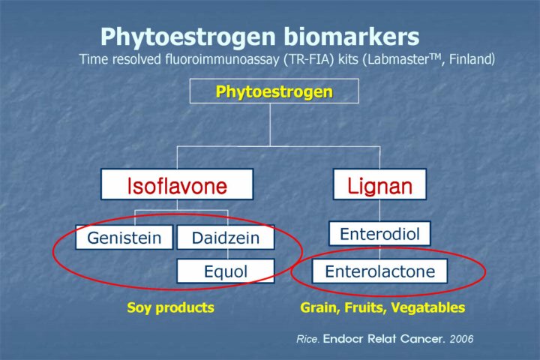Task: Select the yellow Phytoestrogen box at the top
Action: (274, 91)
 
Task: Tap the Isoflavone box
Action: (177, 184)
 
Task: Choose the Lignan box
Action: (379, 184)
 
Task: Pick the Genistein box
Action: (124, 237)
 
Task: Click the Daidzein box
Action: (226, 237)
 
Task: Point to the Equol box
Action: (226, 271)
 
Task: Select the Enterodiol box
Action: (379, 233)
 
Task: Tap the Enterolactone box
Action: (379, 271)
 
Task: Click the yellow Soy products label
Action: (170, 307)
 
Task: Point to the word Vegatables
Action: (428, 307)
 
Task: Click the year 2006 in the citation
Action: (461, 339)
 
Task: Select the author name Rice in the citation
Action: (308, 339)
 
